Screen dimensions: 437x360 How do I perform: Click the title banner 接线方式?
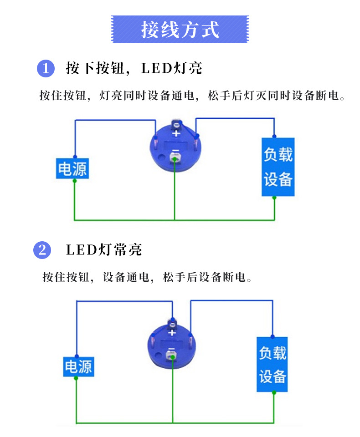point(180,30)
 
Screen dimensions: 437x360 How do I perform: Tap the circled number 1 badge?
point(45,69)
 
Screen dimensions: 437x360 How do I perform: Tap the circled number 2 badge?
point(42,250)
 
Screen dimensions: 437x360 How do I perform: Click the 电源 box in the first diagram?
point(72,169)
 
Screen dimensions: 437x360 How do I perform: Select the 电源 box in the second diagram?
point(78,367)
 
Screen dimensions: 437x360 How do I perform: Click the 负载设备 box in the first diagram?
point(278,167)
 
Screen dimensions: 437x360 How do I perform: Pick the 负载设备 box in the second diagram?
point(273,365)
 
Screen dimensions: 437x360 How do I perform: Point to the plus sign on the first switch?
point(175,134)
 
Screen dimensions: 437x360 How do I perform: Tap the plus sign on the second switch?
point(172,333)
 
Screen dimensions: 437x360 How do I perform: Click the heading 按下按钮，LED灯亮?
point(134,69)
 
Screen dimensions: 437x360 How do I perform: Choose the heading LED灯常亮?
point(104,250)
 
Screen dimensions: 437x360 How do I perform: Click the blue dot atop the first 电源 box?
point(75,157)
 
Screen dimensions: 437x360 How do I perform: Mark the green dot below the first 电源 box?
point(75,181)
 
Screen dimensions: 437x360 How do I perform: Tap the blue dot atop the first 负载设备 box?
point(274,136)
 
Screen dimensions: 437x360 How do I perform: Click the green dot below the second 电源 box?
point(77,379)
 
